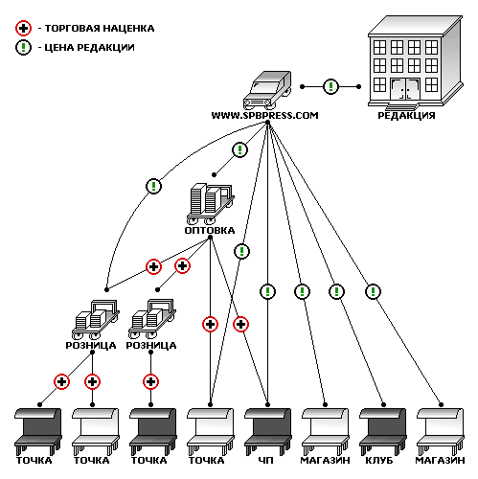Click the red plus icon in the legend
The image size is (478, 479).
pyautogui.click(x=23, y=29)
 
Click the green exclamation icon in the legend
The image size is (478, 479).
pyautogui.click(x=23, y=48)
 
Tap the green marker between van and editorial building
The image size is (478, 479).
pyautogui.click(x=330, y=86)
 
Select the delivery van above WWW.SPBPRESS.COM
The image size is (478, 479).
pyautogui.click(x=267, y=90)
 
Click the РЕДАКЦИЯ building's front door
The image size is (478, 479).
pyautogui.click(x=405, y=89)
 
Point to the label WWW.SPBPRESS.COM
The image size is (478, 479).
pyautogui.click(x=264, y=116)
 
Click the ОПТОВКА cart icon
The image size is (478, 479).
pyautogui.click(x=211, y=204)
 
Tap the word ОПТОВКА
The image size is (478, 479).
pyautogui.click(x=210, y=230)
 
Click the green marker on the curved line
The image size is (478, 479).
pyautogui.click(x=153, y=186)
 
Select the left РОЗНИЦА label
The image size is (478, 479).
pyautogui.click(x=91, y=345)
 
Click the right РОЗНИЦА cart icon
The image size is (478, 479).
pyautogui.click(x=152, y=319)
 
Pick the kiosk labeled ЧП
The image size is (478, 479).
pyautogui.click(x=268, y=431)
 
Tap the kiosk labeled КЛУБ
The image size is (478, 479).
pyautogui.click(x=383, y=431)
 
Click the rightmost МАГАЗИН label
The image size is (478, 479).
pyautogui.click(x=440, y=460)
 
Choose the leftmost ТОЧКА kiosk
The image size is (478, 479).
pyautogui.click(x=38, y=431)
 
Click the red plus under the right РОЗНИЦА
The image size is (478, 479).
pyautogui.click(x=150, y=381)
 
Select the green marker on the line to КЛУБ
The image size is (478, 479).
pyautogui.click(x=336, y=291)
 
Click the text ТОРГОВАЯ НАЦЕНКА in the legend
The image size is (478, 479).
pyautogui.click(x=100, y=29)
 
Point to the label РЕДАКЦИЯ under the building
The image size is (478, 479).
pyautogui.click(x=406, y=116)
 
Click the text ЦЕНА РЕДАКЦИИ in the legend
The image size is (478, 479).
pyautogui.click(x=90, y=48)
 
